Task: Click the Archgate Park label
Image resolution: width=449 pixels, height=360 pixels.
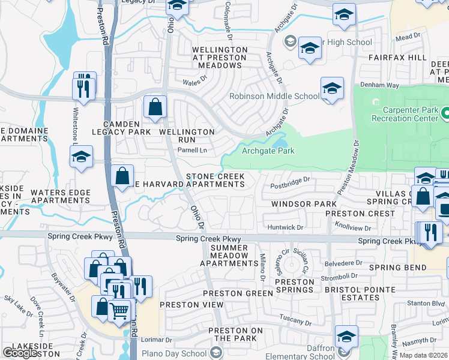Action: coord(268,151)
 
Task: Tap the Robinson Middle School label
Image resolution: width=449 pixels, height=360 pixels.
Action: coord(275,96)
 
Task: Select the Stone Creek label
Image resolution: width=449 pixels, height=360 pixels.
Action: coord(215,176)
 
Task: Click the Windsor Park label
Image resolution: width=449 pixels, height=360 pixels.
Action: coord(303,204)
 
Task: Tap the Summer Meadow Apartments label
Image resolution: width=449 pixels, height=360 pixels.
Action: coord(224,256)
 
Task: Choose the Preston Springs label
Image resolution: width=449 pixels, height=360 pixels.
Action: coord(294,286)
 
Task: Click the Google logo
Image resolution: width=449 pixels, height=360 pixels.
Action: coord(20,353)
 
